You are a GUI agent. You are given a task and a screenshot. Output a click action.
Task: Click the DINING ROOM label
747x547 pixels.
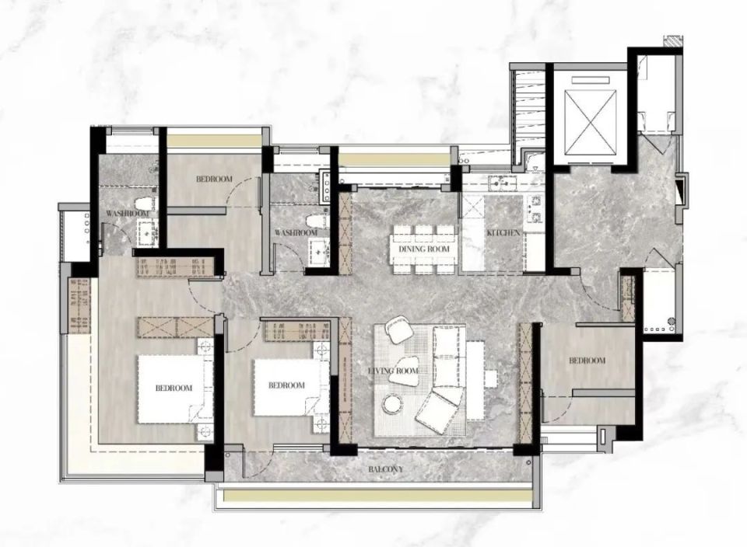[x=424, y=249]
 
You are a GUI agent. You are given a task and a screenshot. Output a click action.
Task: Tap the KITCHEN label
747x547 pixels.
[x=503, y=233]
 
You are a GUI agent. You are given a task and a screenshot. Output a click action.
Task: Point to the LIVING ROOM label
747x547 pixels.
[x=394, y=371]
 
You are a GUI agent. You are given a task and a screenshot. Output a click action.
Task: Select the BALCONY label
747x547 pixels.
[x=385, y=469]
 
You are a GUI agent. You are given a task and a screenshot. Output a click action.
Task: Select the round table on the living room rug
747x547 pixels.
[x=392, y=404]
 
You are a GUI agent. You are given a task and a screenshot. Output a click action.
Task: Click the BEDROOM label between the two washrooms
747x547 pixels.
[x=215, y=179]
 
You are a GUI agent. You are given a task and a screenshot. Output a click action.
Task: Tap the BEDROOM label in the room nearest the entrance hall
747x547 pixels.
[x=587, y=361]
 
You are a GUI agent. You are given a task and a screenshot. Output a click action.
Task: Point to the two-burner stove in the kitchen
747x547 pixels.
[x=535, y=209]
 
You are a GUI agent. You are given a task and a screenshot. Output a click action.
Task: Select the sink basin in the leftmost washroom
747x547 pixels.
[x=146, y=233]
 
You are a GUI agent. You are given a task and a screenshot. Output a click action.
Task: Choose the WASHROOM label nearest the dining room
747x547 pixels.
[x=296, y=232]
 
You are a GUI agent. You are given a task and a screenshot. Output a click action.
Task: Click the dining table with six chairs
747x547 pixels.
[x=424, y=249]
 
